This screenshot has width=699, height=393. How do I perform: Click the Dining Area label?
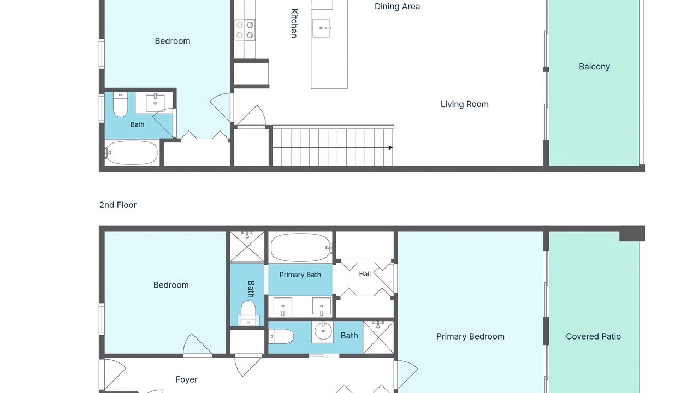coord(397,7)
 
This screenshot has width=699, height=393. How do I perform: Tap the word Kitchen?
coord(294,23)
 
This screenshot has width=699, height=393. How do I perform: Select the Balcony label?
coord(594,67)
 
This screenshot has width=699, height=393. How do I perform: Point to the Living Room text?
coord(464,104)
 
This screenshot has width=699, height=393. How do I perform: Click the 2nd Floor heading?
coord(118,205)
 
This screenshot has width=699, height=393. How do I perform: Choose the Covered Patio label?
coord(593,336)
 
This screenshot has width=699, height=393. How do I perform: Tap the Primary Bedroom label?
coord(470,336)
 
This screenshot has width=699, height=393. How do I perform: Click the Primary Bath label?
coord(300,275)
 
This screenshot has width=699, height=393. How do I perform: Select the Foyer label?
coord(186,379)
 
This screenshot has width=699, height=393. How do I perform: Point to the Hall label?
coord(365,274)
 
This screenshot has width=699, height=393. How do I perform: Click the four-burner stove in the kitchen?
coord(245,30)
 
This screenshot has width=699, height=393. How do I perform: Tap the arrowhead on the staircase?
coord(390,147)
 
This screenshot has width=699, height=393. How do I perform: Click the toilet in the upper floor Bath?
coord(120,104)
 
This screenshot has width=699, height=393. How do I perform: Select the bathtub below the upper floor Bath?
coord(131,152)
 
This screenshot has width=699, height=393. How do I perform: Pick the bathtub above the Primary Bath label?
coord(301,248)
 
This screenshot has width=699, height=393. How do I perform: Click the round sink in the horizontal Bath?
coord(323,331)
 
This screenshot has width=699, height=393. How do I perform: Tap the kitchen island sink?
coord(321,28)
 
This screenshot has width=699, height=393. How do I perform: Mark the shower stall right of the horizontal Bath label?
coord(378,337)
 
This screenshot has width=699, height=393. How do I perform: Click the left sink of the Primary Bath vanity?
coord(283,306)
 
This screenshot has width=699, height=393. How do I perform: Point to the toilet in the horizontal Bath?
coord(281,337)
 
